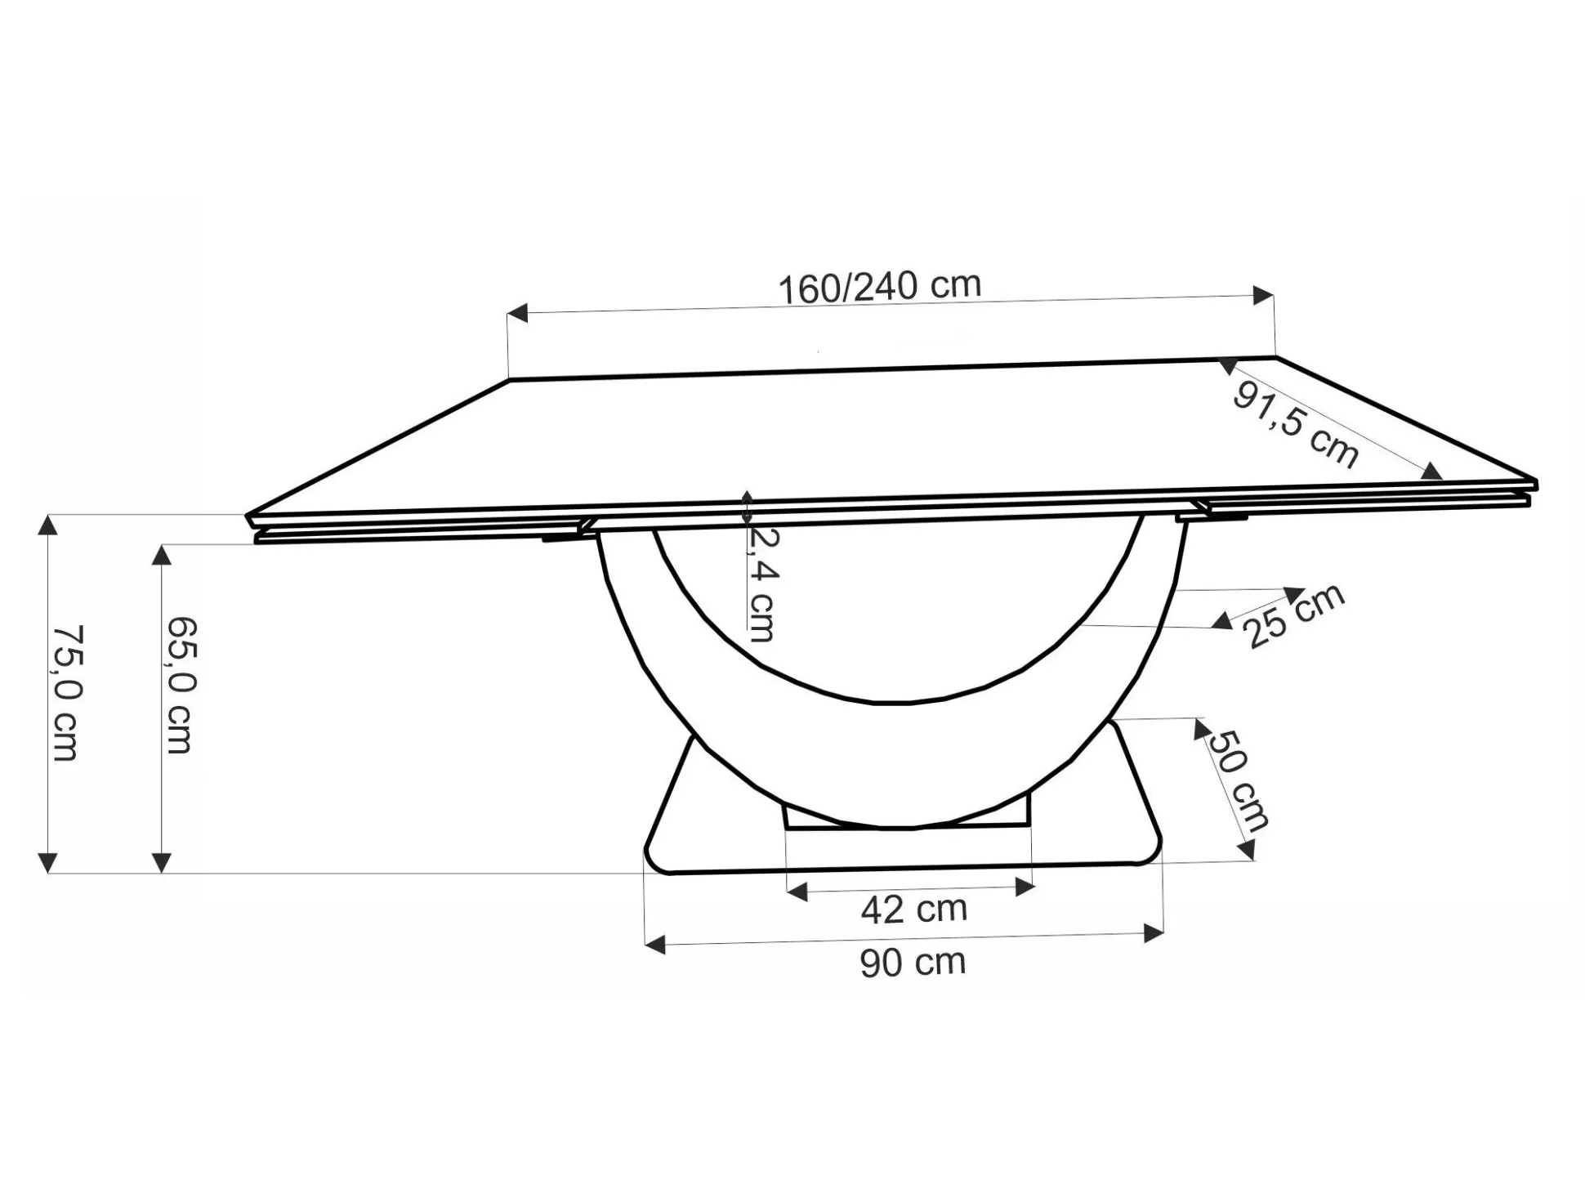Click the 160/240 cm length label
pyautogui.click(x=879, y=287)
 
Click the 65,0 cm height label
pyautogui.click(x=181, y=685)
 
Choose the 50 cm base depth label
pyautogui.click(x=1237, y=780)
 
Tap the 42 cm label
pyautogui.click(x=914, y=909)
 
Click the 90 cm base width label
pyautogui.click(x=913, y=962)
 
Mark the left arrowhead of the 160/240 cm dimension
pyautogui.click(x=517, y=313)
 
